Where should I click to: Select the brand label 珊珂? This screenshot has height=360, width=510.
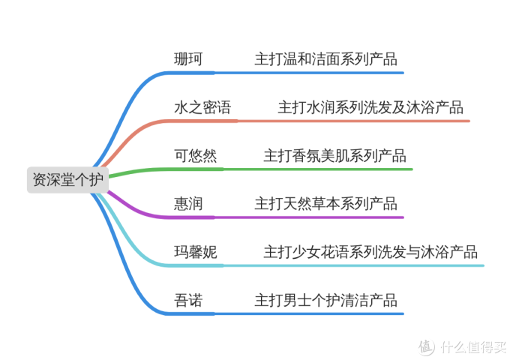point(187,59)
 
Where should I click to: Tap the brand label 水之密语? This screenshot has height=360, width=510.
point(202,107)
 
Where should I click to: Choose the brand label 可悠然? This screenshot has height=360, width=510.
point(195,156)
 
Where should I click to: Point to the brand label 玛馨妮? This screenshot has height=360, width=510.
point(195,252)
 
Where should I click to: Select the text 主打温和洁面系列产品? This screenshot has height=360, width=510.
point(325,59)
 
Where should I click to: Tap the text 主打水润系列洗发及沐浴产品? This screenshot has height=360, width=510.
point(370,107)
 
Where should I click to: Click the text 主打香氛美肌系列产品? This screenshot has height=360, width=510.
point(334,156)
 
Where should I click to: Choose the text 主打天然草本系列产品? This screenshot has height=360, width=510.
point(325,204)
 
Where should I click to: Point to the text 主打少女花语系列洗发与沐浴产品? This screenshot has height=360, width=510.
point(370,252)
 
